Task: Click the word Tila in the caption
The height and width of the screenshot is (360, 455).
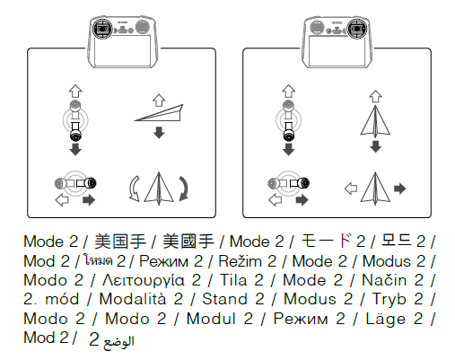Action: pos(233,280)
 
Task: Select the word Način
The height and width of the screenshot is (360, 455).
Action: pos(384,280)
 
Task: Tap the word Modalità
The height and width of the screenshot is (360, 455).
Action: pos(132,299)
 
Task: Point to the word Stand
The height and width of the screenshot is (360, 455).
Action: pos(224,299)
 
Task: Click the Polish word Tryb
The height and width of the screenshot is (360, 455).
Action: pos(389,300)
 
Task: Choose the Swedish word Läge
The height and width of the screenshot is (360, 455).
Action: pos(385,318)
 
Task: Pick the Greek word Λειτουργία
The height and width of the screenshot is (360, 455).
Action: pos(144,281)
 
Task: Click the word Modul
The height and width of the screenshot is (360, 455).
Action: pos(211,319)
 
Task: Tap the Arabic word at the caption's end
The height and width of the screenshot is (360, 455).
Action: pos(118,342)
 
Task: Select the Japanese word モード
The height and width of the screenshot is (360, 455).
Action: pos(326,241)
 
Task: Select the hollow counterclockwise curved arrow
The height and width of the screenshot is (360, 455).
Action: pos(133,189)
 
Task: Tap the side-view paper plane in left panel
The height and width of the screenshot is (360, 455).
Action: pos(160,113)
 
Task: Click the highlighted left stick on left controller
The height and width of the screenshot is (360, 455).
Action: pos(102,29)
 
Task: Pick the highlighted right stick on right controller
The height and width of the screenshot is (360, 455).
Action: pos(357,29)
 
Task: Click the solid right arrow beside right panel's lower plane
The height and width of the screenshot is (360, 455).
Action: pos(400,189)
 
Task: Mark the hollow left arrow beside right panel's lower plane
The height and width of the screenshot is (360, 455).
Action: pos(351,189)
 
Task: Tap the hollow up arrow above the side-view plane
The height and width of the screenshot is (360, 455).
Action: pos(159,101)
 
